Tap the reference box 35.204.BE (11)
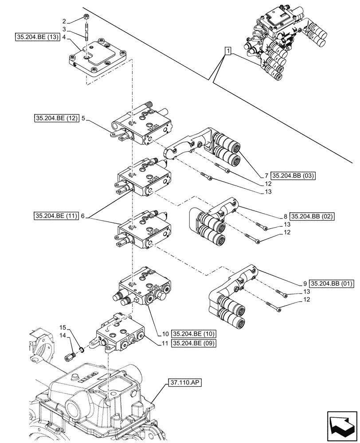click(55, 216)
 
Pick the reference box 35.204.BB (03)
click(293, 175)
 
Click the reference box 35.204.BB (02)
click(312, 217)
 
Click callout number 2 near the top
click(65, 21)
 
